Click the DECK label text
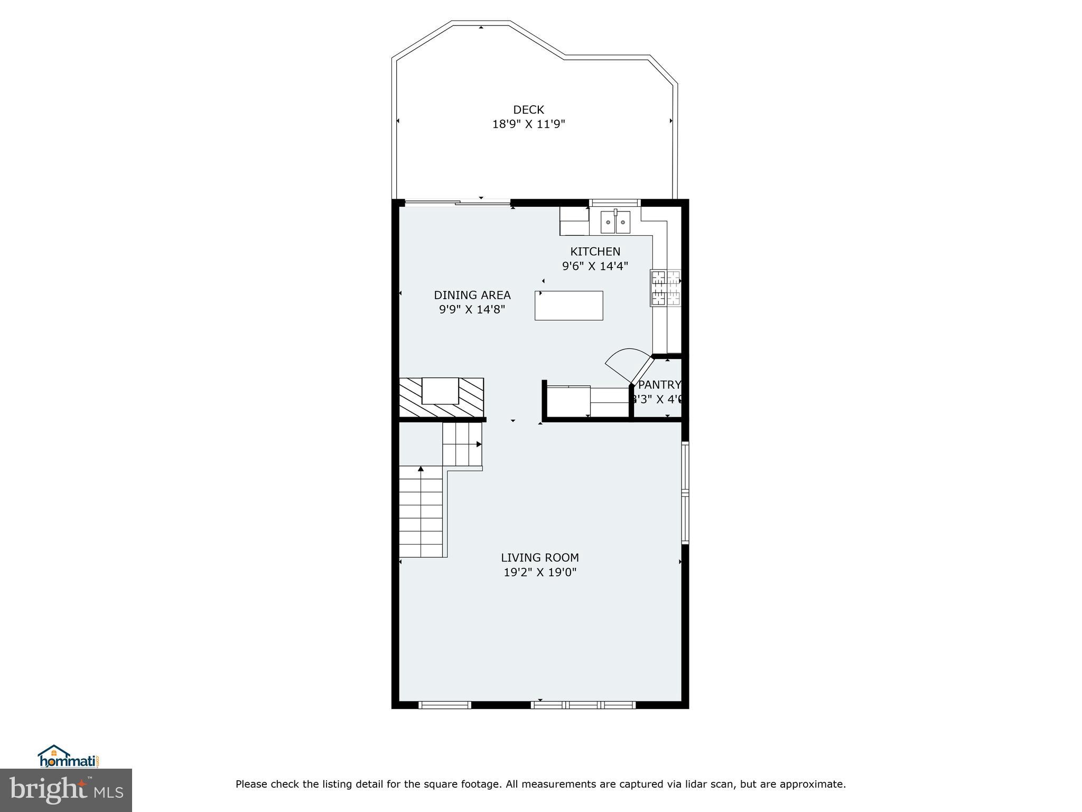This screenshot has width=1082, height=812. click(528, 109)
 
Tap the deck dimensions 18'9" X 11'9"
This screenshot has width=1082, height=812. click(528, 124)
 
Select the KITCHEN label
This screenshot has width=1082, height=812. click(595, 252)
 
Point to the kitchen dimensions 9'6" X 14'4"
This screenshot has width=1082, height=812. click(595, 266)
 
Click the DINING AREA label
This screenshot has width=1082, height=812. click(472, 295)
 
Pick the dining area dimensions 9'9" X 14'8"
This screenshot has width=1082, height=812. click(472, 309)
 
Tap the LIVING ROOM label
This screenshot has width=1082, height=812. click(539, 557)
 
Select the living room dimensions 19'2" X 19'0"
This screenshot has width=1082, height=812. click(539, 571)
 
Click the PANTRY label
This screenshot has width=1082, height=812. click(659, 384)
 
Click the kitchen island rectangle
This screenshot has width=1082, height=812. click(568, 306)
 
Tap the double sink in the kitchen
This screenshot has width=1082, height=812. click(615, 222)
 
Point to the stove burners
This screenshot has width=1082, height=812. click(665, 288)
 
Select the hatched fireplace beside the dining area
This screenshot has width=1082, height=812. click(441, 398)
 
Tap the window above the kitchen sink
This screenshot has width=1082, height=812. click(614, 202)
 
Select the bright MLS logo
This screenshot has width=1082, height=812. click(66, 790)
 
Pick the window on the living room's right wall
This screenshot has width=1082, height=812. click(685, 493)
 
